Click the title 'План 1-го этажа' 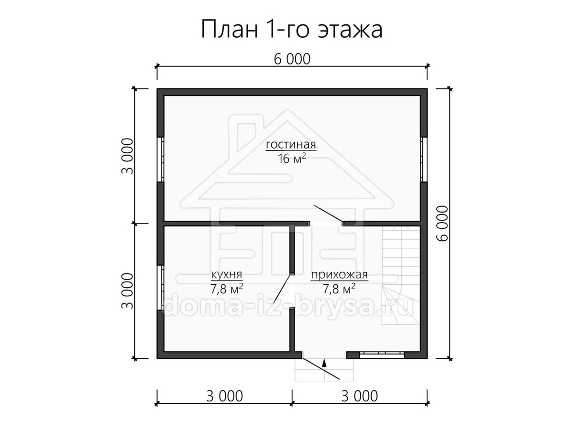291,29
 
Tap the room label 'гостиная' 291,144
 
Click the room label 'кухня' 226,275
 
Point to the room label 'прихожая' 340,275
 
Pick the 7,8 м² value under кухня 227,289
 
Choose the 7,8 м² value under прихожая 339,289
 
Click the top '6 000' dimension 292,59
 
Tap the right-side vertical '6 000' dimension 442,224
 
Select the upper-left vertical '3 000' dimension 127,156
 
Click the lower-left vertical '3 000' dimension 127,291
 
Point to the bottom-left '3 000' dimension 224,396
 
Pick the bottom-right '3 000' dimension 359,396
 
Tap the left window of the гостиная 161,159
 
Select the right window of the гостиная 424,159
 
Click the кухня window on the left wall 161,288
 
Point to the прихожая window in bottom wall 382,355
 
